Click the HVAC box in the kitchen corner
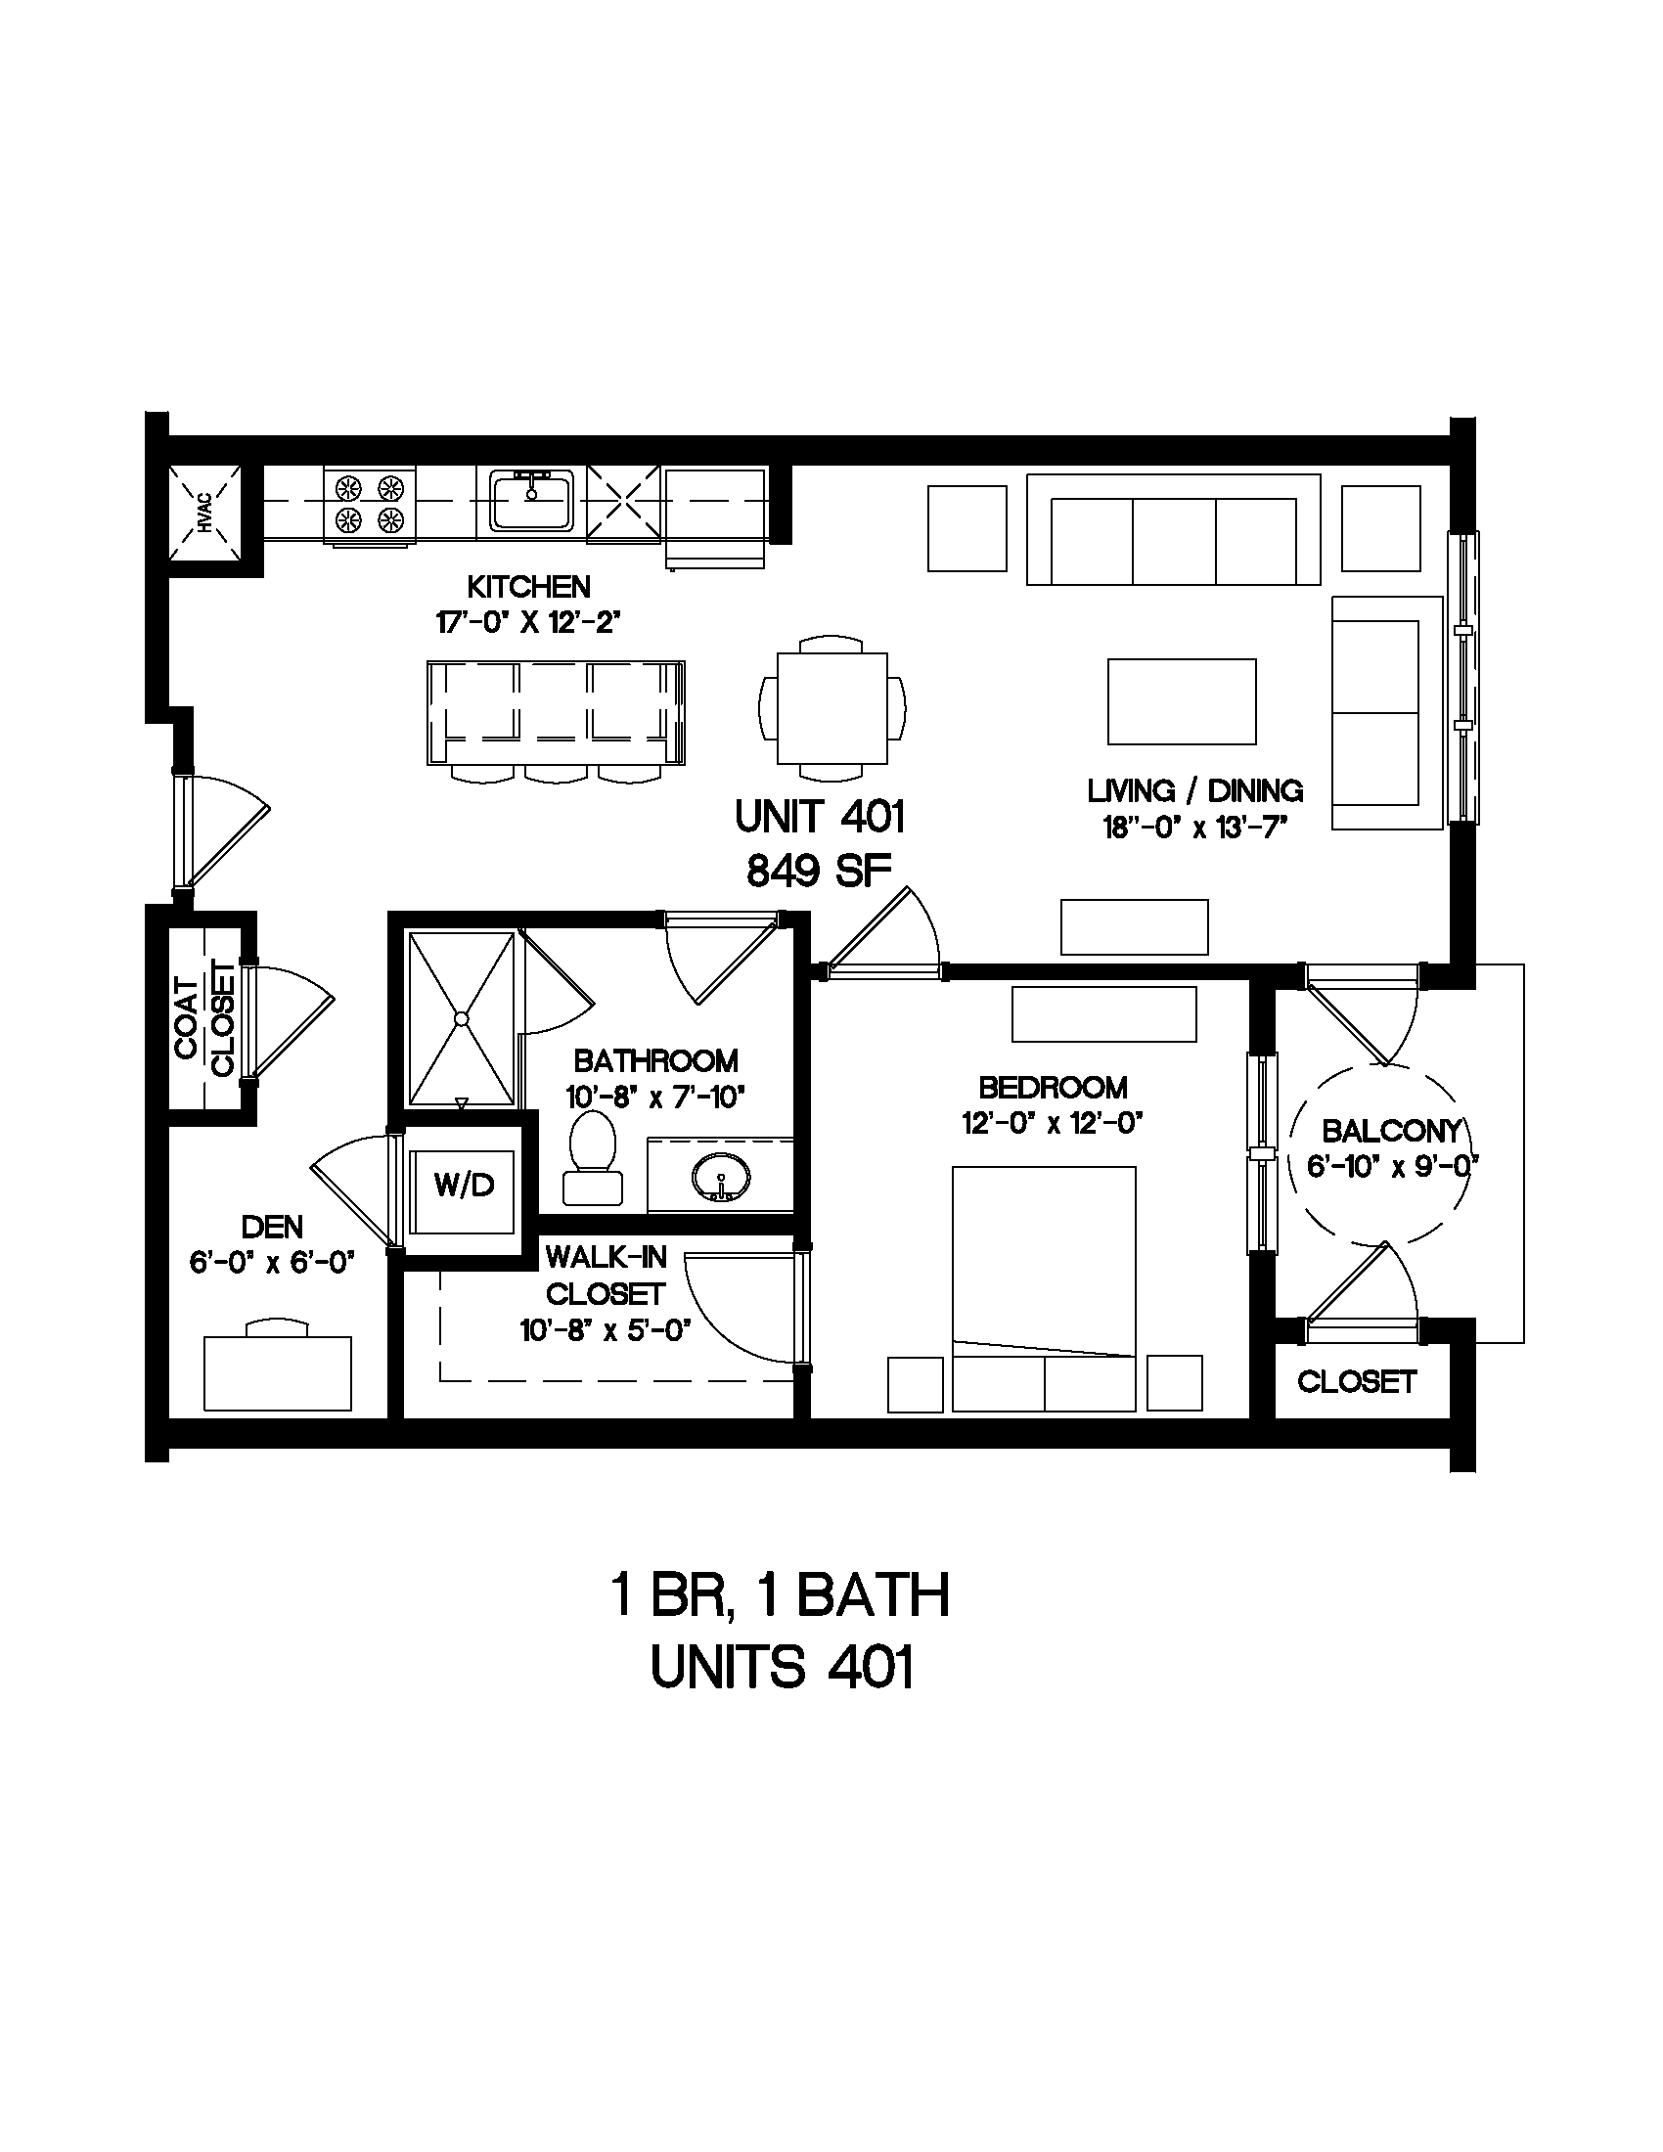[203, 514]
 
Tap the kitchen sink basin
[531, 502]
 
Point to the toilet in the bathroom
[593, 1157]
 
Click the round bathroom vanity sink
[721, 1176]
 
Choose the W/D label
[464, 1185]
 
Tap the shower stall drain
[460, 1018]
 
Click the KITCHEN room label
[528, 587]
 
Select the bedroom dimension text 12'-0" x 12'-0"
[1053, 1123]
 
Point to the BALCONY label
[1391, 1130]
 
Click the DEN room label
[272, 1227]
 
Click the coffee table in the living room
[1182, 700]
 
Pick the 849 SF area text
[819, 871]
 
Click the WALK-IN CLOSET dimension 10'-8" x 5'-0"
[605, 1331]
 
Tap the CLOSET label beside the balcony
[1357, 1382]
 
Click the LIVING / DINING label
[1195, 790]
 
